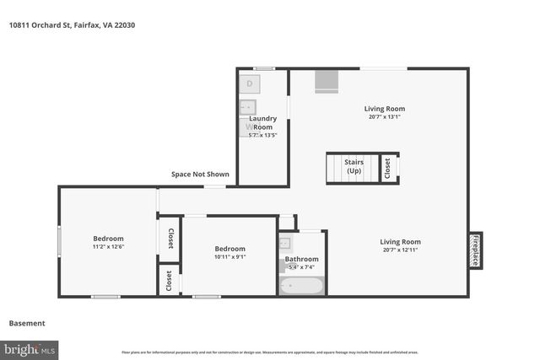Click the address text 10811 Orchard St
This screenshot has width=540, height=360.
tap(72, 25)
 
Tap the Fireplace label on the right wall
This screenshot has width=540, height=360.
tap(475, 250)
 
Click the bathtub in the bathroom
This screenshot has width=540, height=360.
tap(302, 285)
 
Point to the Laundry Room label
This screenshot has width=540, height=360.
tap(262, 122)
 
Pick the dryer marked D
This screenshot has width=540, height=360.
tap(250, 83)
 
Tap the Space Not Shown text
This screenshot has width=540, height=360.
tap(200, 175)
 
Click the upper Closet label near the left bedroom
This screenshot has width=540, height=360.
tap(170, 239)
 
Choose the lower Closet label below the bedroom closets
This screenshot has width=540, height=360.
tap(170, 280)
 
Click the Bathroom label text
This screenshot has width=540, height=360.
tap(301, 259)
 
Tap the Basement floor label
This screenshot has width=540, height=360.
tap(27, 323)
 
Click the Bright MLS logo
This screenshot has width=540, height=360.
tap(30, 348)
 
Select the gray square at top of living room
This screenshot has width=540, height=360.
tap(326, 80)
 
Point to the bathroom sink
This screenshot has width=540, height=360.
tap(285, 244)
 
